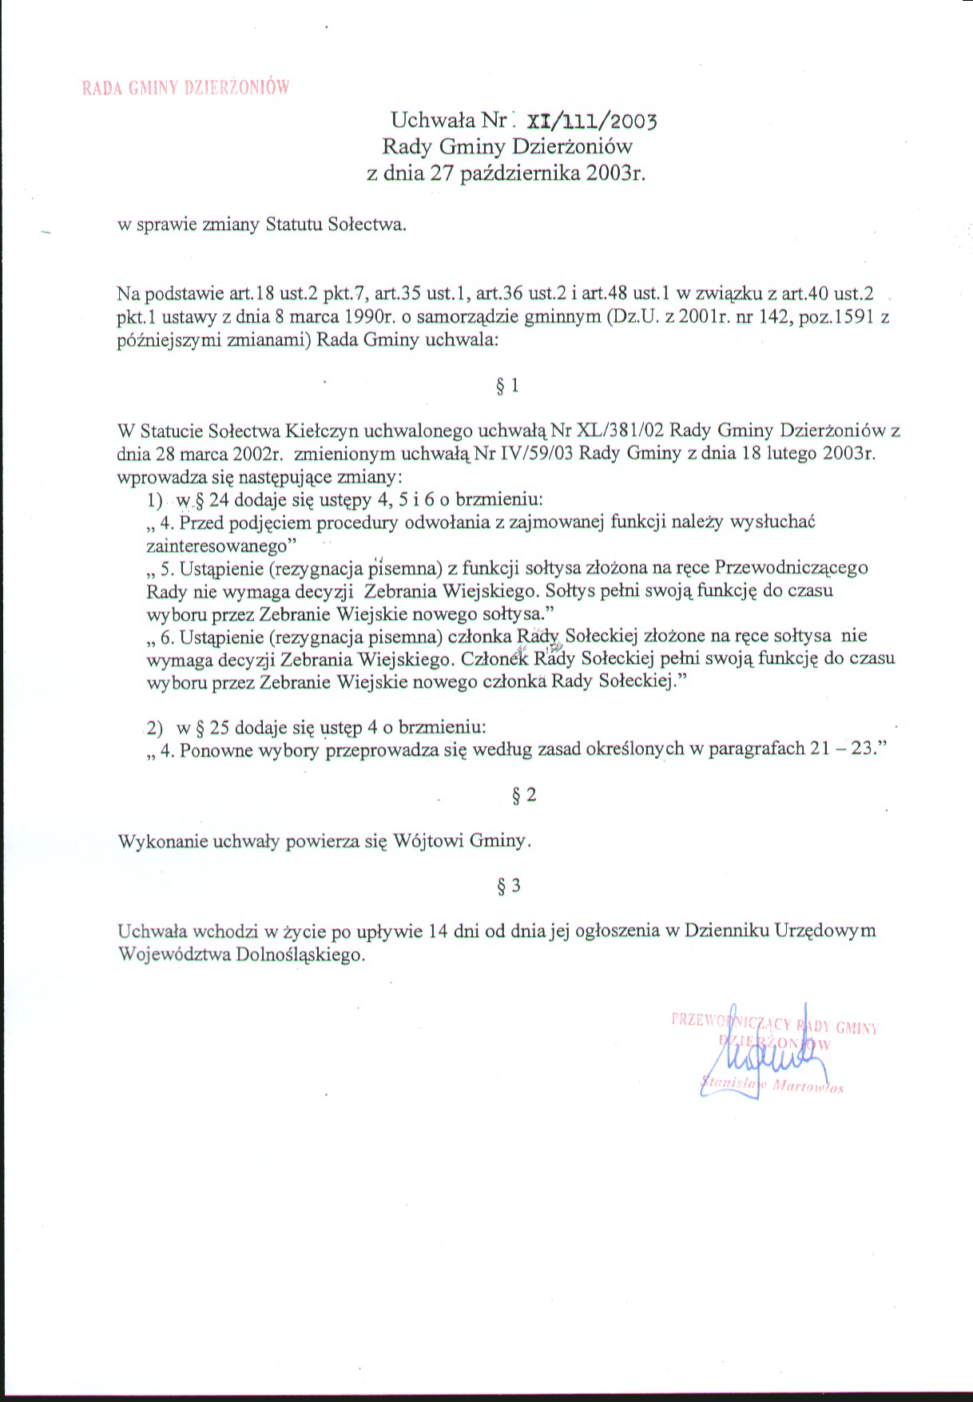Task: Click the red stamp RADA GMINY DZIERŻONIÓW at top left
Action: click(185, 88)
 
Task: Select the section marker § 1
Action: click(507, 387)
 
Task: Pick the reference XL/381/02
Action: click(614, 431)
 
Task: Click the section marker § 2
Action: click(523, 796)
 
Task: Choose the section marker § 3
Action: click(508, 886)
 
